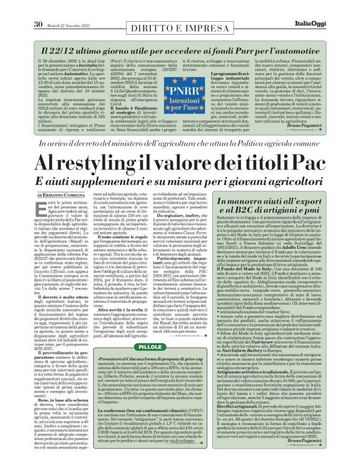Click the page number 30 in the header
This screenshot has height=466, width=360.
37,7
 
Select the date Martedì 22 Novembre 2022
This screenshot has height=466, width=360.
69,7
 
